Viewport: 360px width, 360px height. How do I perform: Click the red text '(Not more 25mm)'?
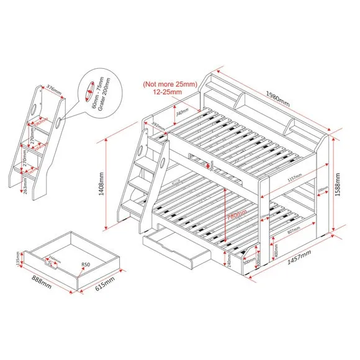point(169,83)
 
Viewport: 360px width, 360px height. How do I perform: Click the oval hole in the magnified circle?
point(89,89)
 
